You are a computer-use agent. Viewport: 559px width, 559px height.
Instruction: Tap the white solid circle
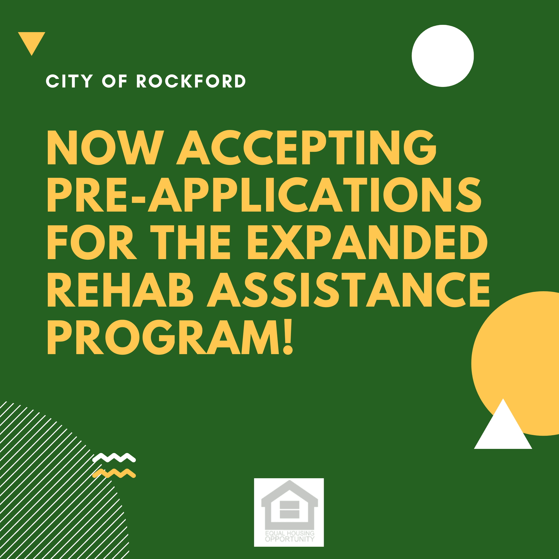pyautogui.click(x=443, y=56)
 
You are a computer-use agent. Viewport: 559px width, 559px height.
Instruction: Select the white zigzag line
pyautogui.click(x=114, y=458)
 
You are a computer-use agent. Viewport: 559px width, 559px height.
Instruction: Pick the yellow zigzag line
pyautogui.click(x=114, y=474)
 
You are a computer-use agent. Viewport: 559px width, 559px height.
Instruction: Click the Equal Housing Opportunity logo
pyautogui.click(x=289, y=512)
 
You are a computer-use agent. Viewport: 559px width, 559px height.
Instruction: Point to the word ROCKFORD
pyautogui.click(x=191, y=81)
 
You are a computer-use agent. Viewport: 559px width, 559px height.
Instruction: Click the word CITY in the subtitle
pyautogui.click(x=69, y=81)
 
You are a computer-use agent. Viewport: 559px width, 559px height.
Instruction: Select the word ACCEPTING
pyautogui.click(x=306, y=148)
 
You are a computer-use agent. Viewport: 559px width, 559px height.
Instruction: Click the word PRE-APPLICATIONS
pyautogui.click(x=264, y=195)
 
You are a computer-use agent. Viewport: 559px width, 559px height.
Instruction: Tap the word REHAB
pyautogui.click(x=120, y=289)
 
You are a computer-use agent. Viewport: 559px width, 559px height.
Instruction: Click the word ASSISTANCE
pyautogui.click(x=348, y=289)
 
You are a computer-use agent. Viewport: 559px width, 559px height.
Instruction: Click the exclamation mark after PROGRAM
pyautogui.click(x=288, y=337)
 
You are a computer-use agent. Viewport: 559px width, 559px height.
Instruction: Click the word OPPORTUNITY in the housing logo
pyautogui.click(x=290, y=539)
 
